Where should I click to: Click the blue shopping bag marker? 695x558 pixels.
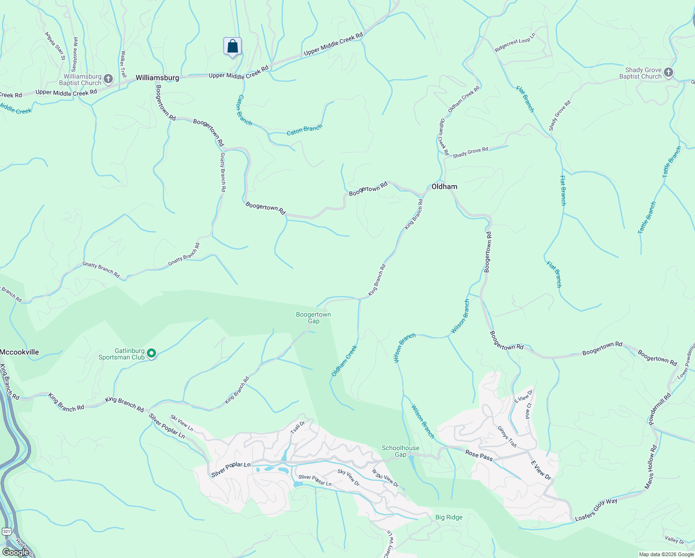(x=232, y=47)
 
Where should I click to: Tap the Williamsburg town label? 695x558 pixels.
(x=157, y=78)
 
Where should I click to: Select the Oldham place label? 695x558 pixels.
(x=444, y=186)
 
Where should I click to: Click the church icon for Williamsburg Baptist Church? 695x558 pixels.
(x=108, y=79)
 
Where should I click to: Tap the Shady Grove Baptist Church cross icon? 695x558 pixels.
(x=668, y=73)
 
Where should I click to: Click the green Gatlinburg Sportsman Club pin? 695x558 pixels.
(x=151, y=354)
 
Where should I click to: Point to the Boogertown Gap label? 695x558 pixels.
(x=314, y=318)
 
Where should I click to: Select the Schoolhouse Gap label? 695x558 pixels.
(x=400, y=451)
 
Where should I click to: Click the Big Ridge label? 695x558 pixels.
(x=449, y=517)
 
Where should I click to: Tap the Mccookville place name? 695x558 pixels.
(x=20, y=352)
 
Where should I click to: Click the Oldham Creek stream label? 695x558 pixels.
(x=344, y=361)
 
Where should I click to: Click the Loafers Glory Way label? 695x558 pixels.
(x=596, y=510)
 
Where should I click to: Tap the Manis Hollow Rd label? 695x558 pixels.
(x=650, y=467)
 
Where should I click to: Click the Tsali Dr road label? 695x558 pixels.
(x=297, y=427)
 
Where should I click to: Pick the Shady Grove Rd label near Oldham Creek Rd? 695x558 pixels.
(x=470, y=152)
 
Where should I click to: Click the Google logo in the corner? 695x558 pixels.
(x=15, y=552)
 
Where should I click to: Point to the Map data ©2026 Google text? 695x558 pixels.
(x=666, y=554)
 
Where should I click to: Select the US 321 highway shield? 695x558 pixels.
(x=7, y=531)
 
